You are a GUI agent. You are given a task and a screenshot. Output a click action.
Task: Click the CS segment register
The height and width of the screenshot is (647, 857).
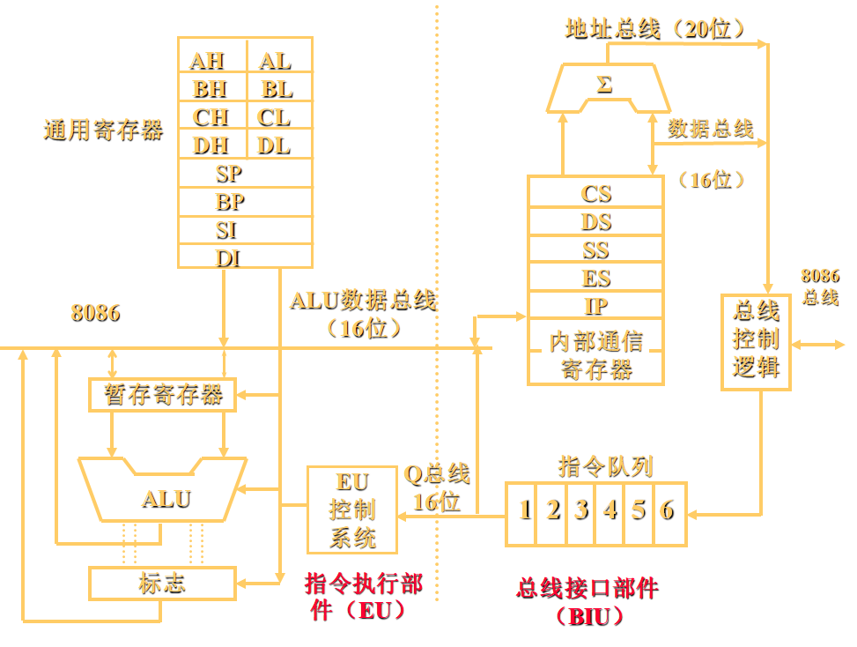[595, 193]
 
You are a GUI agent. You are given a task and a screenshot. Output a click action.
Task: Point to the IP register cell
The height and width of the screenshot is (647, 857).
[595, 306]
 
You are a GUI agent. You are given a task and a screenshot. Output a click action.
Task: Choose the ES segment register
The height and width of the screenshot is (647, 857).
[595, 278]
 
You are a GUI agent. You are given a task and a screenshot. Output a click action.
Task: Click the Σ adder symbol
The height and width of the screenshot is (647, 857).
[604, 86]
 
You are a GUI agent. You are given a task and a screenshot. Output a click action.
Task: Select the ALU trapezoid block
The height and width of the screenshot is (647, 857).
[165, 498]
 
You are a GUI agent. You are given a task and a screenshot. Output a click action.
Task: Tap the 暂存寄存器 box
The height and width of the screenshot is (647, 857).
[163, 394]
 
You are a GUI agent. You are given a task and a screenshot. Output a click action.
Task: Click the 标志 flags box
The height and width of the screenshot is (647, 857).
[163, 584]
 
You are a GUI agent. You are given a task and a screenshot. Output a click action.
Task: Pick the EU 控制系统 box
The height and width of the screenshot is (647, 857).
[351, 509]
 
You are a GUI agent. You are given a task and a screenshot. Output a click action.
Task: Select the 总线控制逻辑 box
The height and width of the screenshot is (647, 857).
[756, 340]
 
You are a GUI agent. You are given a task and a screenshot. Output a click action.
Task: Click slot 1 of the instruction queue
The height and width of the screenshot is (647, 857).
[525, 510]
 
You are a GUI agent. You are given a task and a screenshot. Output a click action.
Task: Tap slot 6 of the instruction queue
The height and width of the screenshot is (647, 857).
[668, 510]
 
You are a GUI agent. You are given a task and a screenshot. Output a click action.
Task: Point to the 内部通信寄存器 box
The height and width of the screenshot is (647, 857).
[595, 353]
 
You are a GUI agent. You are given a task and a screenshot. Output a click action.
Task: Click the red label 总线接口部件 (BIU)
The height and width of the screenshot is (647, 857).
[587, 602]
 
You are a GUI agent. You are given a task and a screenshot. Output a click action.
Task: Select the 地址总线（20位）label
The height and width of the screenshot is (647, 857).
[655, 29]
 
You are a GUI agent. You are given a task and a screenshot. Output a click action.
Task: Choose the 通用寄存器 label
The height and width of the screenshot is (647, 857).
[103, 130]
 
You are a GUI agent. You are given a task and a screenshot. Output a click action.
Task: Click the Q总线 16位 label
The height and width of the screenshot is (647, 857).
[436, 487]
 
